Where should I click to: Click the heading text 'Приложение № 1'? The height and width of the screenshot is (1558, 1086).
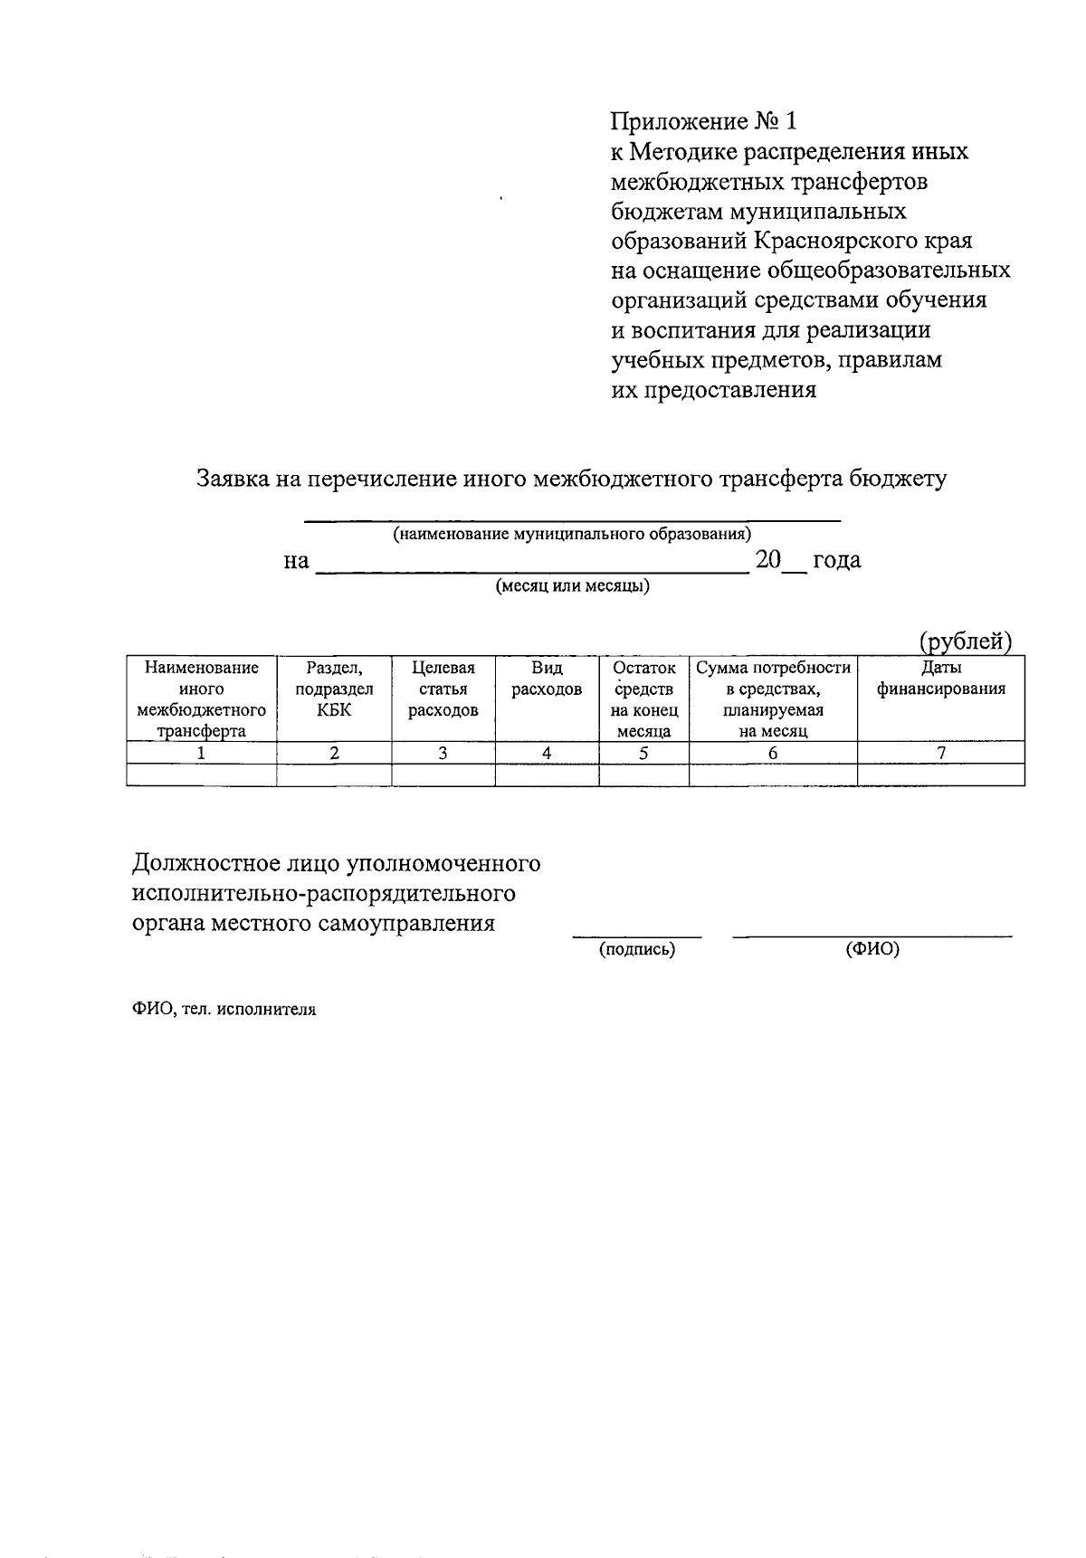706,121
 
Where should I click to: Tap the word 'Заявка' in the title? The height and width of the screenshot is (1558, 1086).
233,479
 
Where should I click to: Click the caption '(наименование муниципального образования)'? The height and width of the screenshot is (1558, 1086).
571,534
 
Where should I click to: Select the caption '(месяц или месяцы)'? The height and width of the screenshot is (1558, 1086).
572,586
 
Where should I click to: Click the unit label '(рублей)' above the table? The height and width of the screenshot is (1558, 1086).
965,641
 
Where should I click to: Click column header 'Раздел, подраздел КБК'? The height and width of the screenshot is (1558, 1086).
334,689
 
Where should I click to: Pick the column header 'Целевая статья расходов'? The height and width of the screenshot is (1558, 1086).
443,689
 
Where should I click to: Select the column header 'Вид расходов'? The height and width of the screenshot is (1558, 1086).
547,679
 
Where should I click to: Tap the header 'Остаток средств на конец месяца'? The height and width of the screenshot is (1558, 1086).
643,699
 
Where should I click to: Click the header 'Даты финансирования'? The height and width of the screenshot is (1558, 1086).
941,679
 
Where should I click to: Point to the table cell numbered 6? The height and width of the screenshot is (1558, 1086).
773,753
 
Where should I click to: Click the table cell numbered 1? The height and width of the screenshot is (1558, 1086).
201,753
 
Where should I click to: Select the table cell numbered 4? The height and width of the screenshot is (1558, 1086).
547,753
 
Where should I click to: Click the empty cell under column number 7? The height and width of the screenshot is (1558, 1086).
941,774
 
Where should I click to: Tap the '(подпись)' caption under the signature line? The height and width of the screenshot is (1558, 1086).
637,950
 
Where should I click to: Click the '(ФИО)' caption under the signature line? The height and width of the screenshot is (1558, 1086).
872,950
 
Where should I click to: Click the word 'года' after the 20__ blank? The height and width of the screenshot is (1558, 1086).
837,560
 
